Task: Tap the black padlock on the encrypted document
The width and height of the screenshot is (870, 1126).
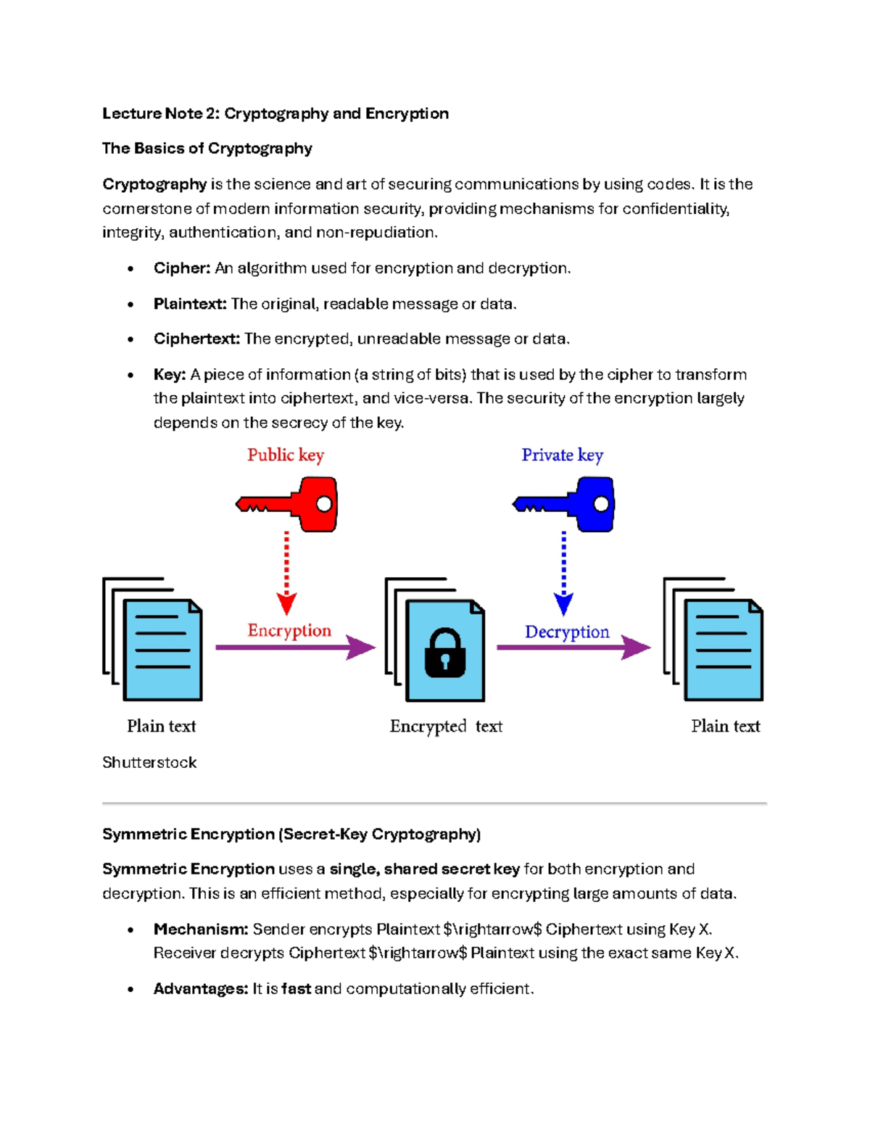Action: pyautogui.click(x=444, y=653)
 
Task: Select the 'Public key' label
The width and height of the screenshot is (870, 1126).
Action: pyautogui.click(x=286, y=455)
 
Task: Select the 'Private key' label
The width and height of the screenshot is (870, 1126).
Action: pyautogui.click(x=562, y=455)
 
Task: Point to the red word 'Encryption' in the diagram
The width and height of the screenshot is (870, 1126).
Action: pyautogui.click(x=289, y=631)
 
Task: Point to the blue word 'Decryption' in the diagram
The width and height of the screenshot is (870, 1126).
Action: pyautogui.click(x=567, y=632)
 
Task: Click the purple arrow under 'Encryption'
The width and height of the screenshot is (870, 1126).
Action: pyautogui.click(x=294, y=647)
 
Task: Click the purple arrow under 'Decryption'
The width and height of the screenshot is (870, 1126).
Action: pyautogui.click(x=573, y=647)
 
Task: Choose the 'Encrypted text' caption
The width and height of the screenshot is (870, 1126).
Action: pyautogui.click(x=446, y=726)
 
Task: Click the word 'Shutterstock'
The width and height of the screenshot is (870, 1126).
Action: pyautogui.click(x=149, y=763)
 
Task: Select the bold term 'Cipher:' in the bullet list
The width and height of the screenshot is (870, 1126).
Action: pyautogui.click(x=182, y=268)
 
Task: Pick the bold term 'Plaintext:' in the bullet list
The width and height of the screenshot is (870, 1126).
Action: pyautogui.click(x=190, y=304)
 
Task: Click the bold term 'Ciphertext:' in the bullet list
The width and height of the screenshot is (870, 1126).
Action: pyautogui.click(x=196, y=339)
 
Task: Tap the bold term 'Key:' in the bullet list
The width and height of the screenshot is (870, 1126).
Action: pyautogui.click(x=170, y=375)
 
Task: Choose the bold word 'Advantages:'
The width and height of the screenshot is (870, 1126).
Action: pyautogui.click(x=201, y=989)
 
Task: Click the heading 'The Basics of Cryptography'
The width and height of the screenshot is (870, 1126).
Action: pyautogui.click(x=207, y=149)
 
